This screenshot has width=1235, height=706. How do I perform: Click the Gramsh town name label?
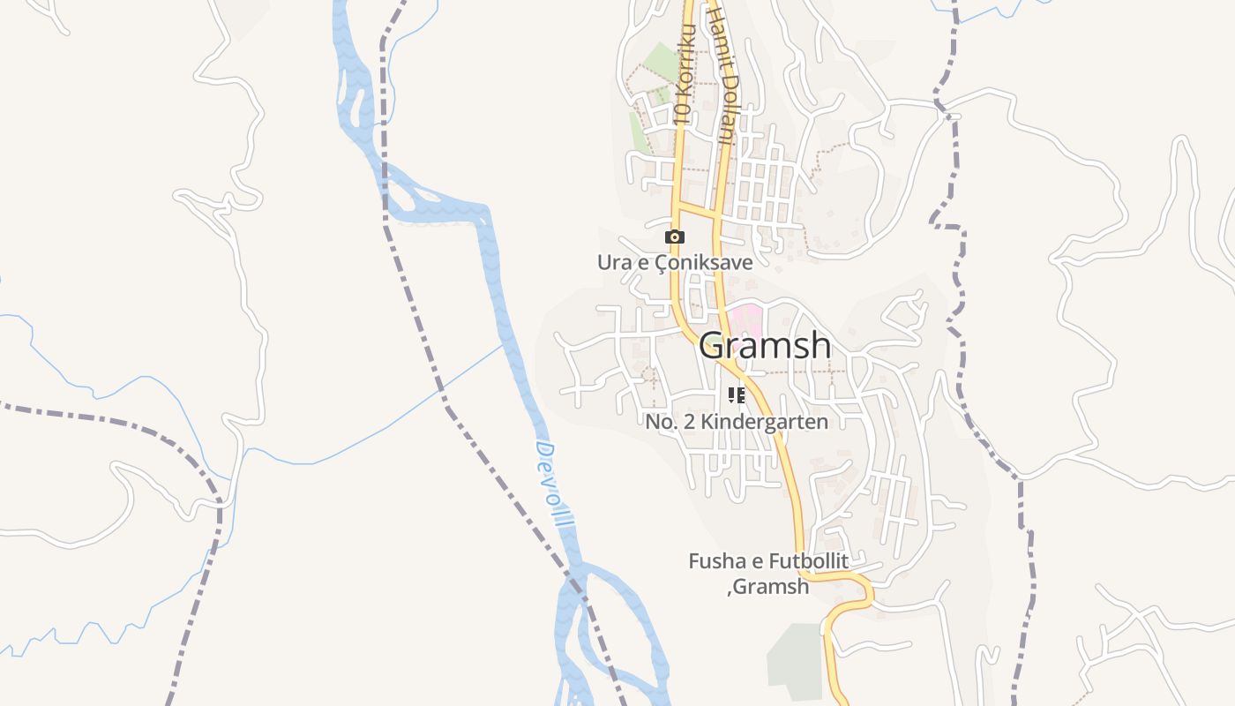click(x=765, y=345)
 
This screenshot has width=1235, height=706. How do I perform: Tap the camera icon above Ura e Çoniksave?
click(x=675, y=237)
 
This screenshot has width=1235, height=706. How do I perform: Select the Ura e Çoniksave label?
click(x=675, y=263)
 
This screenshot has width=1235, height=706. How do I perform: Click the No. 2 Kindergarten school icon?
click(x=737, y=395)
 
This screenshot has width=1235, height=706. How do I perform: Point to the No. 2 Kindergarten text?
click(x=737, y=422)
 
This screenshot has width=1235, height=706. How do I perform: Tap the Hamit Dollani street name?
click(x=721, y=75)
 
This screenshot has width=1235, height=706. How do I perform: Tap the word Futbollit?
click(x=808, y=561)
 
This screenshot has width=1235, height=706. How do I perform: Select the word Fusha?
click(x=714, y=561)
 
